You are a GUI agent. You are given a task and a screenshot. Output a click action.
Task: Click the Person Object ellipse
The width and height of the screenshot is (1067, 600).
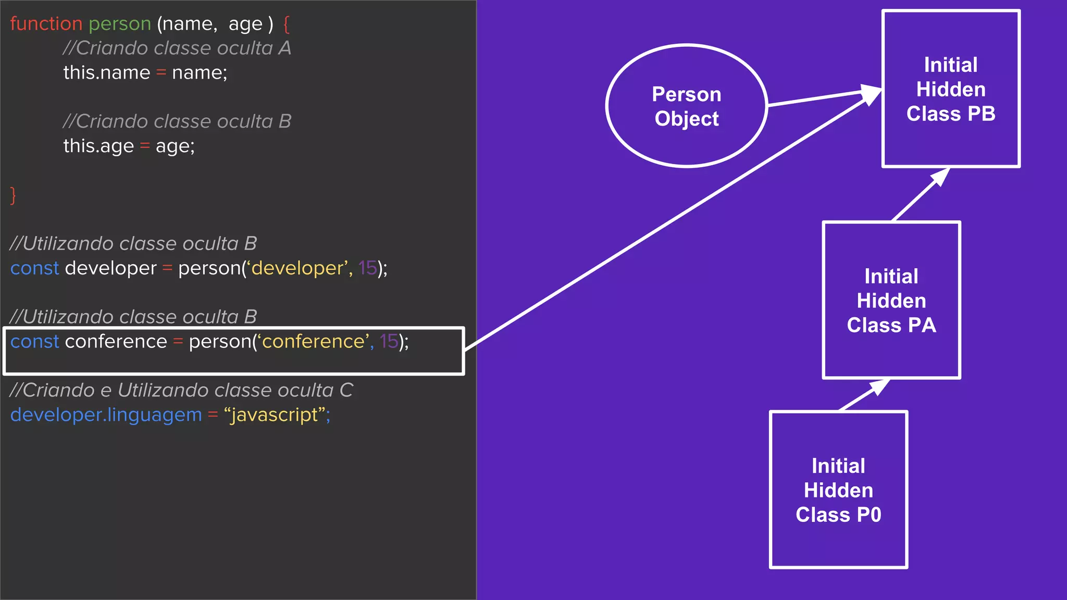pyautogui.click(x=686, y=106)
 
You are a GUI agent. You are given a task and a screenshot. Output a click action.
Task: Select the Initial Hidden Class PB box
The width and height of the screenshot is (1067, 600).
pyautogui.click(x=951, y=89)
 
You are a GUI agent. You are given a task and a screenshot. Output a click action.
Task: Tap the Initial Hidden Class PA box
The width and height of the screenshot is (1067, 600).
pyautogui.click(x=891, y=301)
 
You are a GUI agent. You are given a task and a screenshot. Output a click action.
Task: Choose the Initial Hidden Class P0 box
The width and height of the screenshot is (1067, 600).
pyautogui.click(x=838, y=490)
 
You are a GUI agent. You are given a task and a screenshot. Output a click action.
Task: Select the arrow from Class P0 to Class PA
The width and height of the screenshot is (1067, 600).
pyautogui.click(x=863, y=395)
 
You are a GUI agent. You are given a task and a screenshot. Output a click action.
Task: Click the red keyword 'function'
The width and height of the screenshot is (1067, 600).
pyautogui.click(x=46, y=24)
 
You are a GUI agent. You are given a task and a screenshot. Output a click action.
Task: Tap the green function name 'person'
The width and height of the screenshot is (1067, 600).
pyautogui.click(x=120, y=24)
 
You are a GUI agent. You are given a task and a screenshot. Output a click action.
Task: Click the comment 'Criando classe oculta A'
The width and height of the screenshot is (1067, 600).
pyautogui.click(x=177, y=48)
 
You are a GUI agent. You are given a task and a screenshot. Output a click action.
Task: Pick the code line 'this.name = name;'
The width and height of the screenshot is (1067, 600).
pyautogui.click(x=145, y=73)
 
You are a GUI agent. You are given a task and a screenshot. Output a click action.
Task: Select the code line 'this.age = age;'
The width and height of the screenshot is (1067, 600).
pyautogui.click(x=129, y=146)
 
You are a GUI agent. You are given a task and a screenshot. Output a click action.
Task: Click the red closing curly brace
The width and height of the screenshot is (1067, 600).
pyautogui.click(x=14, y=195)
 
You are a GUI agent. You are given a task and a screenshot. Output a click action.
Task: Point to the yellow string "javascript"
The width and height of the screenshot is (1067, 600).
pyautogui.click(x=277, y=415)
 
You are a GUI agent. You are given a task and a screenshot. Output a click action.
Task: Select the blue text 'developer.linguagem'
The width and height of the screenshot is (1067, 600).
pyautogui.click(x=106, y=415)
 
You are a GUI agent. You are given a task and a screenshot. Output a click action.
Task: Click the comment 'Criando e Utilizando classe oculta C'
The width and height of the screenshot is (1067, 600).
pyautogui.click(x=181, y=391)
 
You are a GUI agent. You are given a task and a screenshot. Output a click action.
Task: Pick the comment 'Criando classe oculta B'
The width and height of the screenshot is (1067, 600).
pyautogui.click(x=177, y=122)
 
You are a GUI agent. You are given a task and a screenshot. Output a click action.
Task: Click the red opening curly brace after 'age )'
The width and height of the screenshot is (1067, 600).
pyautogui.click(x=286, y=24)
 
